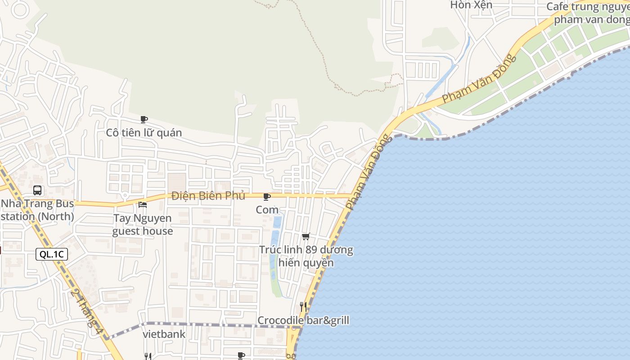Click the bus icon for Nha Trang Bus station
point(37,190)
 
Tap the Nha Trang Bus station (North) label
point(37,210)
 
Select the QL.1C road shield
point(52,254)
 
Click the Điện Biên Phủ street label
point(208,196)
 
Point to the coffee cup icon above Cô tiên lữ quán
point(144,119)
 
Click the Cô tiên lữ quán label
point(144,133)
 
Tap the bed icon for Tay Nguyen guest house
point(143,205)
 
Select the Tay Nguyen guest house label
point(143,225)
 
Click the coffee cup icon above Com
point(267,197)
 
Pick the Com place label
point(267,210)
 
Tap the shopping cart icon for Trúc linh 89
point(306,236)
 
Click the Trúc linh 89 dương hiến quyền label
point(306,256)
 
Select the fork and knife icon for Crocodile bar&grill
point(304,307)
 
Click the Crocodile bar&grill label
point(303,320)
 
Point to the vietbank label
point(164,334)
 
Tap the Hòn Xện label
point(471,5)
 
